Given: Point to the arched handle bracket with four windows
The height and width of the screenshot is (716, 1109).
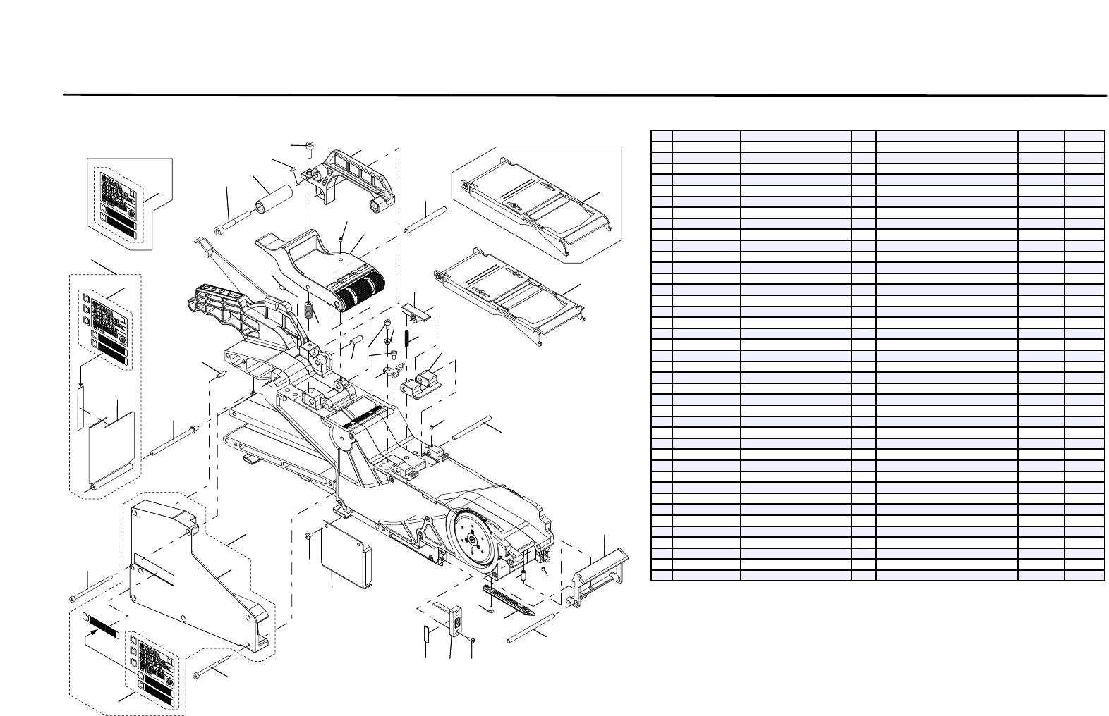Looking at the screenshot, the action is [356, 173].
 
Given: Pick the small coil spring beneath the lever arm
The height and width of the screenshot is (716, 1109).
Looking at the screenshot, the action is [309, 309].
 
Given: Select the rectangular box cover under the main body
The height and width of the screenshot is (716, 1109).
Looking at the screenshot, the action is [346, 554].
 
